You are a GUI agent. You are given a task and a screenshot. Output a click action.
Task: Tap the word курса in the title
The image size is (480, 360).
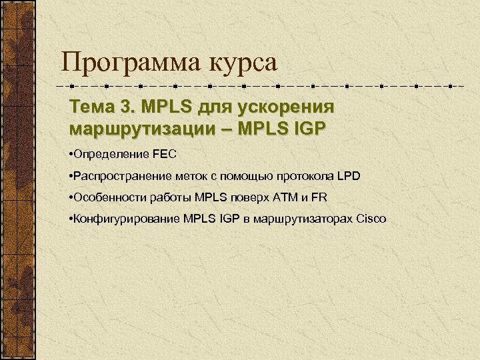(x=243, y=63)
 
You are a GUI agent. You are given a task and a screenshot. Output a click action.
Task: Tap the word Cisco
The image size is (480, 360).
(x=371, y=219)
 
